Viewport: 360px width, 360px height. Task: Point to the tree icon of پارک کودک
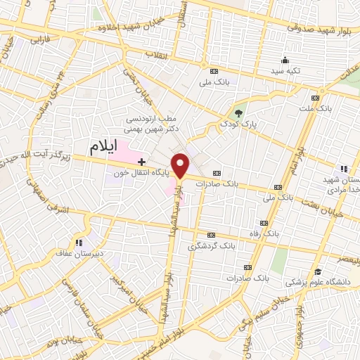click(x=238, y=112)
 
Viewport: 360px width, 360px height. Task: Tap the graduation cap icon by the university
click(x=318, y=271)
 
